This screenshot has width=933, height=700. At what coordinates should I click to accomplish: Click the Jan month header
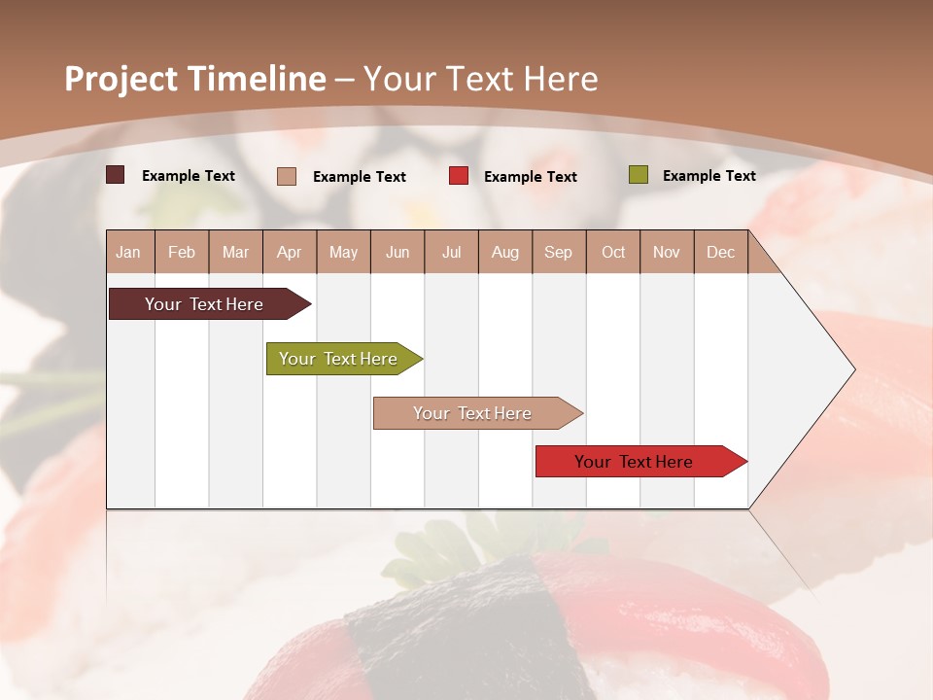[x=129, y=253]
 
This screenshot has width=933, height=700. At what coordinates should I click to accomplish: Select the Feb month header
[x=182, y=253]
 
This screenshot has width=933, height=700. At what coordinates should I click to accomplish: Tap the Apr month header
[x=289, y=253]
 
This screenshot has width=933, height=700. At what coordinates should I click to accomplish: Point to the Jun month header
[x=397, y=253]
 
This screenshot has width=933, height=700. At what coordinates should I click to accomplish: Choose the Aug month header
[x=504, y=253]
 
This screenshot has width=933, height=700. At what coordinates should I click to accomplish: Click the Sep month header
[x=558, y=253]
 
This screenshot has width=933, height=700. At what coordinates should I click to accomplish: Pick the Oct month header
[x=613, y=253]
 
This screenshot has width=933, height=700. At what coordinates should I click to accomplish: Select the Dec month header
[x=720, y=253]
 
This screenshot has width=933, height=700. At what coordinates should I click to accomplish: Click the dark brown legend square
[x=116, y=175]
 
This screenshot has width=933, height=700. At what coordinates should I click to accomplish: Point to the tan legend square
[x=287, y=176]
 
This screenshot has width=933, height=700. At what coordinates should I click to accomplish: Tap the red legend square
[x=459, y=176]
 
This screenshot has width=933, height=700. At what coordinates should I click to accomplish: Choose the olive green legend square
[x=638, y=175]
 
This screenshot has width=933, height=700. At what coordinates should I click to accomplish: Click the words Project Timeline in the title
[x=194, y=79]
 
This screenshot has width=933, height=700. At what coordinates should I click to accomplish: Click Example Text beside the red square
[x=530, y=177]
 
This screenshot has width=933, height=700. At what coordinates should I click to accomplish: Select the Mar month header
[x=235, y=253]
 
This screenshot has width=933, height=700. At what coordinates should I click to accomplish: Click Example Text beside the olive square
[x=708, y=176]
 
